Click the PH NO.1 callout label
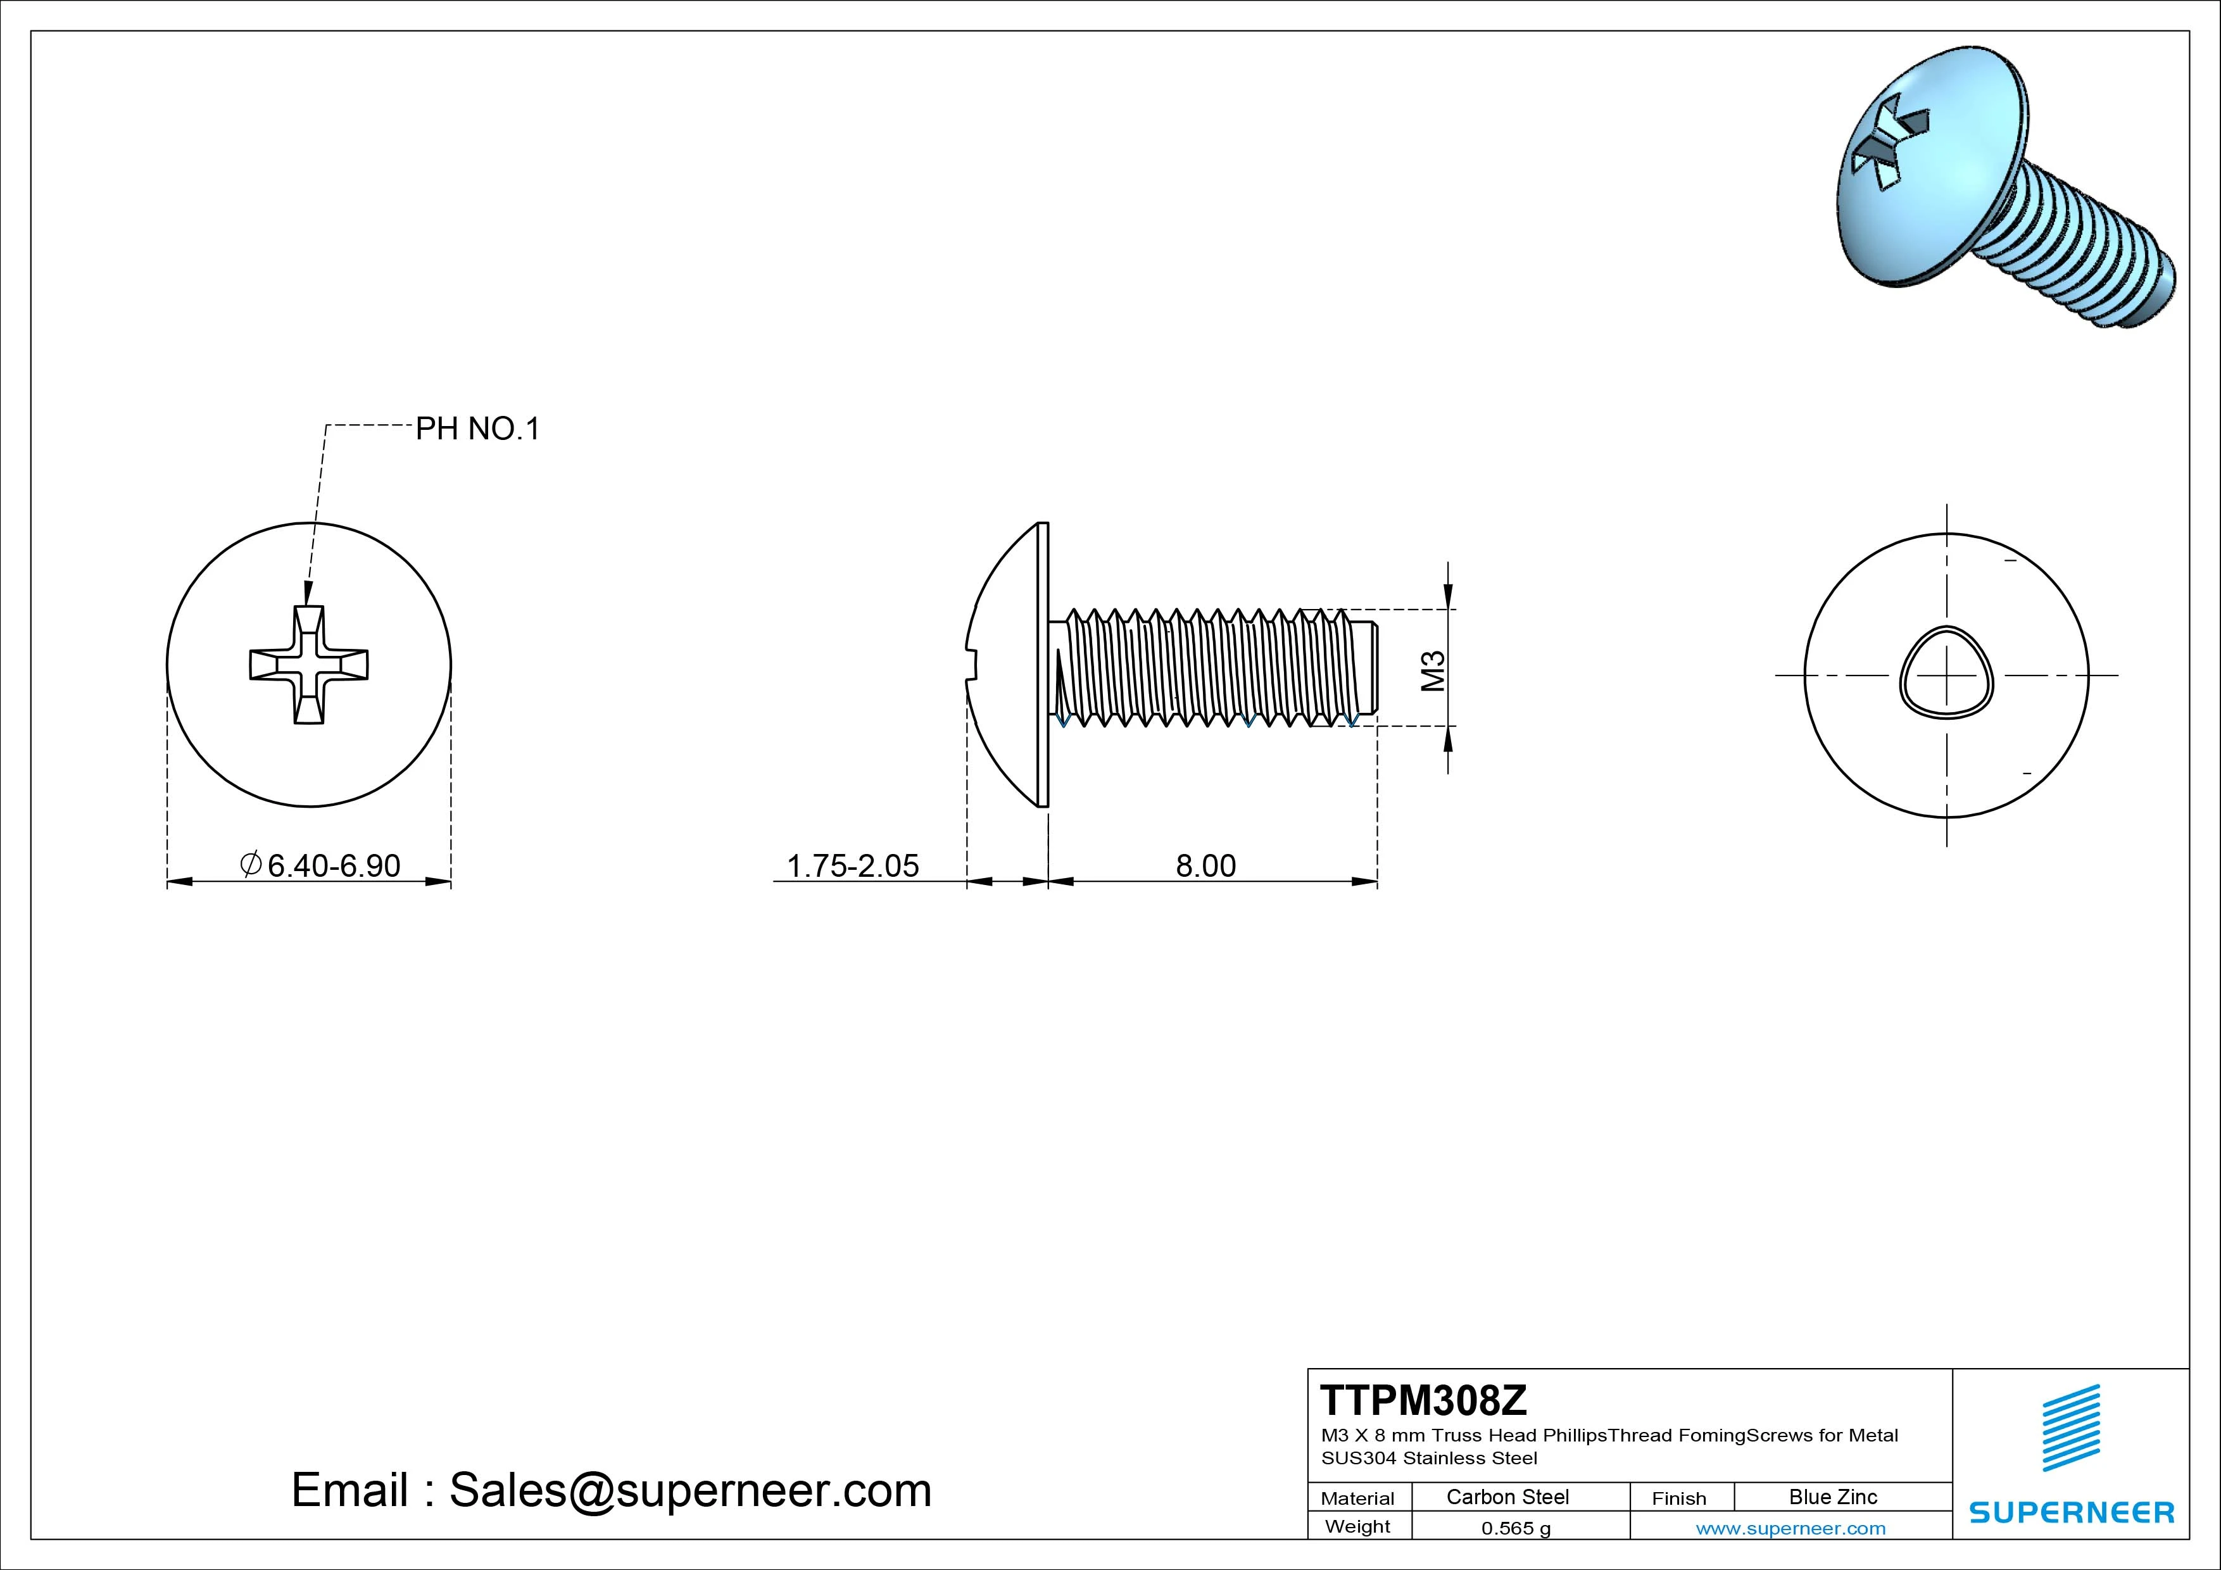[x=477, y=429]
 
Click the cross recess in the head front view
[x=308, y=665]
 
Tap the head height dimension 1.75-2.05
[x=852, y=865]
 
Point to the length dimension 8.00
[x=1205, y=865]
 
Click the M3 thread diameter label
[x=1433, y=670]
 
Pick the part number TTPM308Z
[x=1423, y=1400]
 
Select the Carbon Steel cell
[x=1507, y=1497]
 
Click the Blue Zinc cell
[x=1832, y=1497]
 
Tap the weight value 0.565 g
[x=1516, y=1528]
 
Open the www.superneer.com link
[x=1790, y=1528]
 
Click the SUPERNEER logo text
[x=2071, y=1512]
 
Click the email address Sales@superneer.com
[x=689, y=1490]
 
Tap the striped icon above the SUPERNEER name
[x=2071, y=1428]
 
